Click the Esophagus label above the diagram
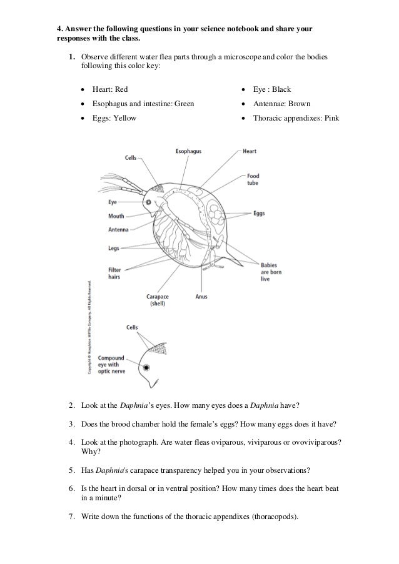click(x=188, y=151)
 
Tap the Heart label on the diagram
click(x=250, y=151)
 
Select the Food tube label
click(x=253, y=179)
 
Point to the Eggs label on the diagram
click(x=259, y=213)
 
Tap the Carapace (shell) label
click(x=158, y=300)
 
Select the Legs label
click(x=113, y=248)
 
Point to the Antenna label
click(x=118, y=229)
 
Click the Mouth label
click(x=116, y=216)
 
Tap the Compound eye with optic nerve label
click(x=115, y=365)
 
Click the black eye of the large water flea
click(x=149, y=202)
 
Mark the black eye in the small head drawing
click(x=146, y=368)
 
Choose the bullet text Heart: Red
click(x=109, y=90)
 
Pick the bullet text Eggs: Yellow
click(x=113, y=117)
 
